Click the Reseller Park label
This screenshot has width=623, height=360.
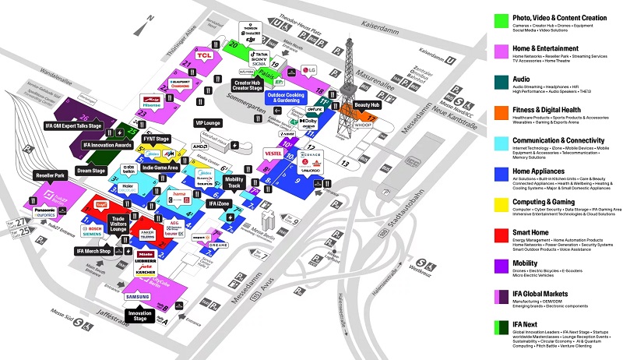tap(49, 177)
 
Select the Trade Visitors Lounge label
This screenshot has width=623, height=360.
tap(118, 224)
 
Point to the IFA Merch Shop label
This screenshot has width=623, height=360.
tap(94, 251)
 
